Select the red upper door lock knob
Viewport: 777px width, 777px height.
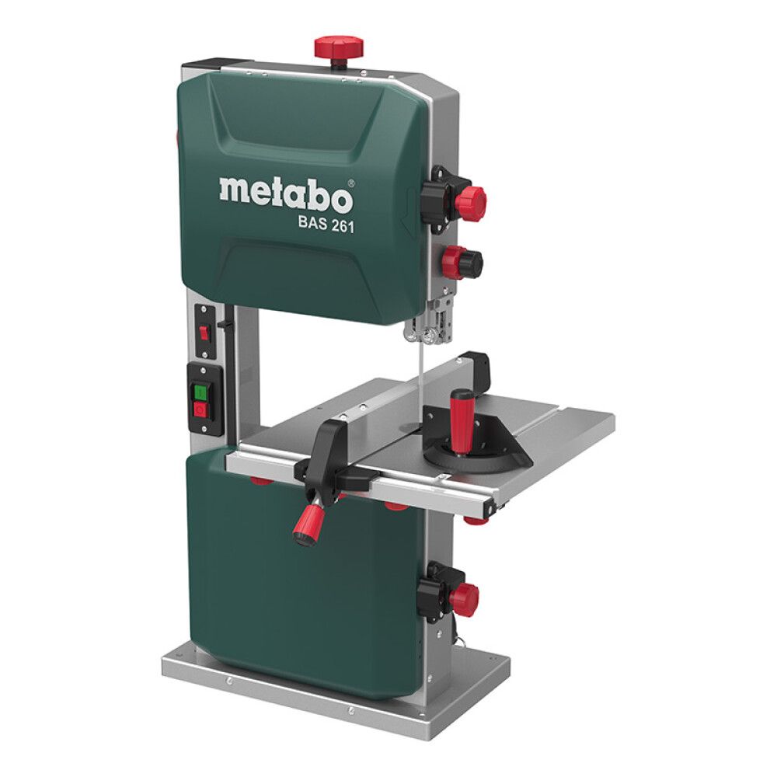471,203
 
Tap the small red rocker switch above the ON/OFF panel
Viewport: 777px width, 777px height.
204,333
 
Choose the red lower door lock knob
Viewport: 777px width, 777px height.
465,598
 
